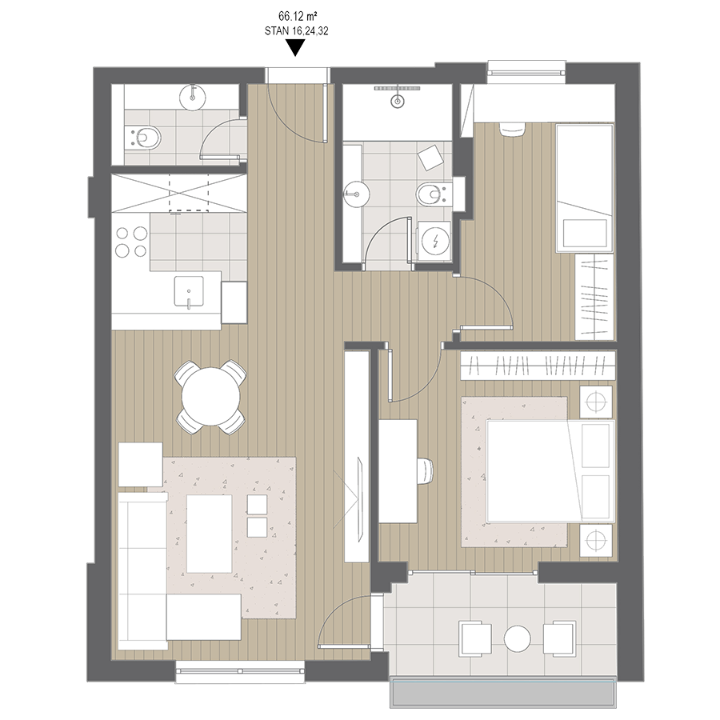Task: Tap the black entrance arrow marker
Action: [296, 48]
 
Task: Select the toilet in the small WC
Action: [143, 137]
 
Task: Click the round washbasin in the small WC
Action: [193, 97]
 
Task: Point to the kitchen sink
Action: [188, 291]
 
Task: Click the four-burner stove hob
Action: [131, 242]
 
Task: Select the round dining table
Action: [210, 397]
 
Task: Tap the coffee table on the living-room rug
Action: [210, 534]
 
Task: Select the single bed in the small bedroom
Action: [585, 188]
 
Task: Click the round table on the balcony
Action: [518, 638]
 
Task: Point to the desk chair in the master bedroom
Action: [426, 470]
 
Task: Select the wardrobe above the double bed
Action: [538, 366]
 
